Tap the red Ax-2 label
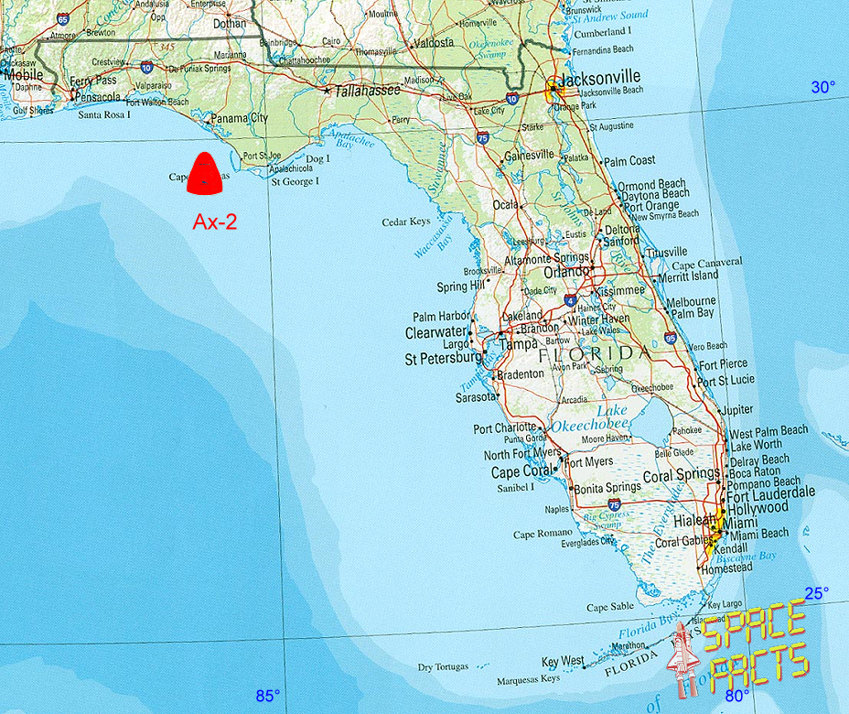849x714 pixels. click(215, 221)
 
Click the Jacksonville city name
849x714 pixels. click(603, 78)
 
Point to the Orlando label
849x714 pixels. click(566, 272)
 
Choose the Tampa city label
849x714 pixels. click(518, 344)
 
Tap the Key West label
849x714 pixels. click(563, 662)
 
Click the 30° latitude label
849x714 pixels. click(822, 87)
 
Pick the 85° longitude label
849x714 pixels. click(267, 695)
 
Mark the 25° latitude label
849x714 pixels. click(816, 592)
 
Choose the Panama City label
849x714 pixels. click(240, 118)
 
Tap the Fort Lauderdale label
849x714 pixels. click(770, 492)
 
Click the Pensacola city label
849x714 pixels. click(98, 95)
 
